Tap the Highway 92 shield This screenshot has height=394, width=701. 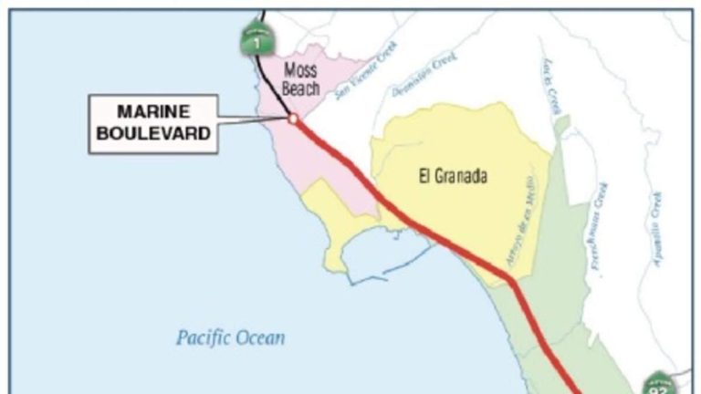(658, 385)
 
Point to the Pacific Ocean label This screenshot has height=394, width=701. (230, 338)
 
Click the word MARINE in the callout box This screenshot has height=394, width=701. (153, 113)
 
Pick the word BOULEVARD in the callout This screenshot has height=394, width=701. (153, 131)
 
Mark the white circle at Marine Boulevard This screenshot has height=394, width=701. (292, 119)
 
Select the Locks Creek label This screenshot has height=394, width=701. (549, 86)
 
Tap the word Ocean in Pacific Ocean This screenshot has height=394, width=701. (260, 338)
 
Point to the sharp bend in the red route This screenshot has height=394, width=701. (514, 277)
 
